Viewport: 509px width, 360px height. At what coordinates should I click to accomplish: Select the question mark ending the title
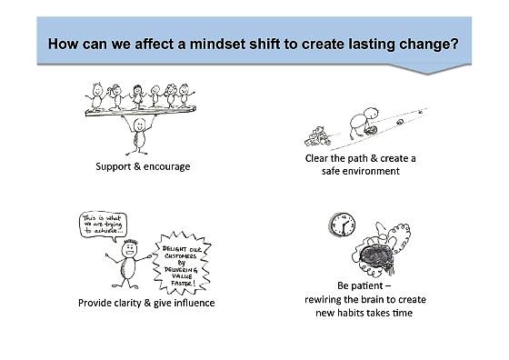[454, 43]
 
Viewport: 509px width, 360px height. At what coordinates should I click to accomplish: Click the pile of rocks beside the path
[315, 135]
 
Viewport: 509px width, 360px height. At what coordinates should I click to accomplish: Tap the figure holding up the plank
[137, 135]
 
